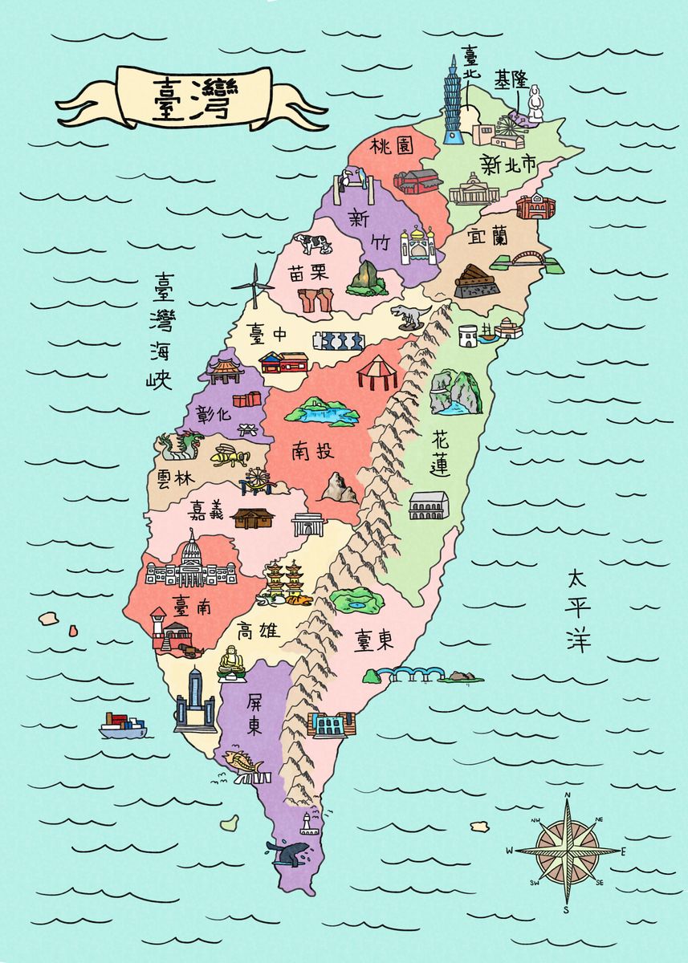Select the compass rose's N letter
pos(568,795)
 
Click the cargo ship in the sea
pos(123,725)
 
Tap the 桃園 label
pos(391,148)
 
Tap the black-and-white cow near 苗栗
pos(312,243)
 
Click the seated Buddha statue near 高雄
pos(231,663)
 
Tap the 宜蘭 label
pos(487,236)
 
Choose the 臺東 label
pos(373,639)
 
